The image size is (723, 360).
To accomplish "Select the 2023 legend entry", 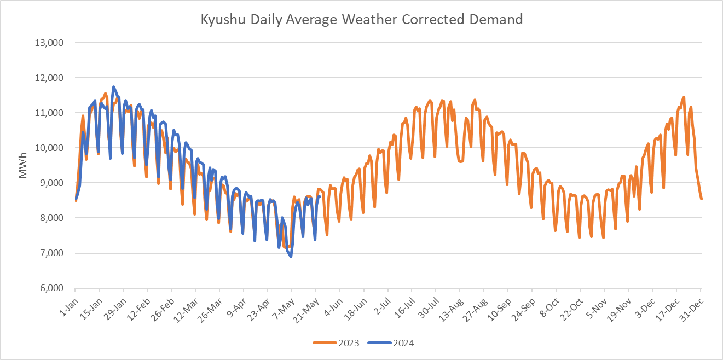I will (x=336, y=343).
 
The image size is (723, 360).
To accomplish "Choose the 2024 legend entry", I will (x=391, y=343).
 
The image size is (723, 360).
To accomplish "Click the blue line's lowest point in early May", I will (x=291, y=257).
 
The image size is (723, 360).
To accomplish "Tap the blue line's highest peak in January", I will (x=113, y=86).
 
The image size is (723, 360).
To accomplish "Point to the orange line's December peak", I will (x=684, y=97).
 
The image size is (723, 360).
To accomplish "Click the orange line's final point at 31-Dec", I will (x=701, y=199).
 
